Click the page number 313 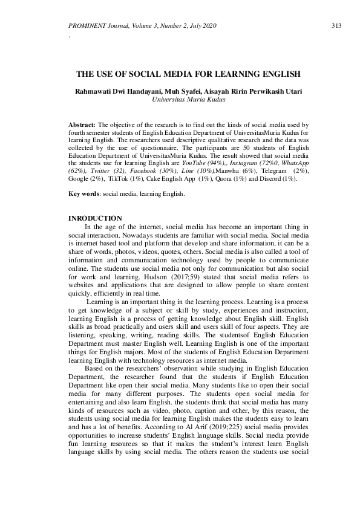click(338, 25)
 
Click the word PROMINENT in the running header click(90, 25)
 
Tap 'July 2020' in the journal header click(201, 25)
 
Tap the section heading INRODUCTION click(96, 218)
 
